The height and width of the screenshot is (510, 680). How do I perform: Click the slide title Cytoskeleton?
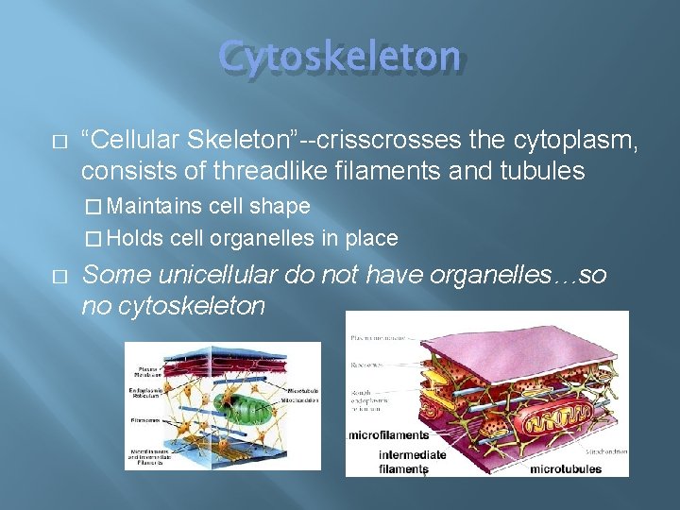(340, 56)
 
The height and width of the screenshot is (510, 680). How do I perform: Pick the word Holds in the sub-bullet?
(138, 238)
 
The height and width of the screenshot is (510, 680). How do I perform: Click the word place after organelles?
(370, 238)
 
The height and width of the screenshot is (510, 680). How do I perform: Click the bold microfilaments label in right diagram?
(388, 435)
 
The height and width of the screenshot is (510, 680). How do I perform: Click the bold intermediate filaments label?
(412, 462)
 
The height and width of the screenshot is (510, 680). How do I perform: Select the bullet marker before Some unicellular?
(59, 276)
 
